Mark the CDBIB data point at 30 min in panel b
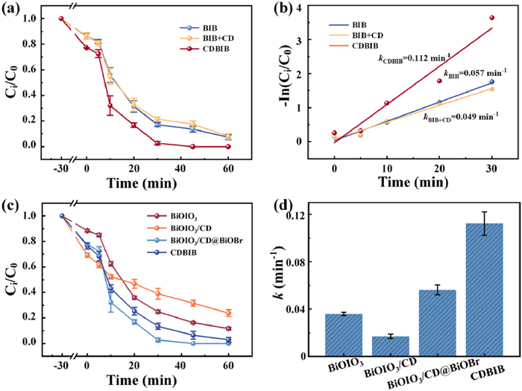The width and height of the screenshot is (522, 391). [491, 18]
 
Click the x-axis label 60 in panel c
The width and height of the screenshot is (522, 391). [228, 358]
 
